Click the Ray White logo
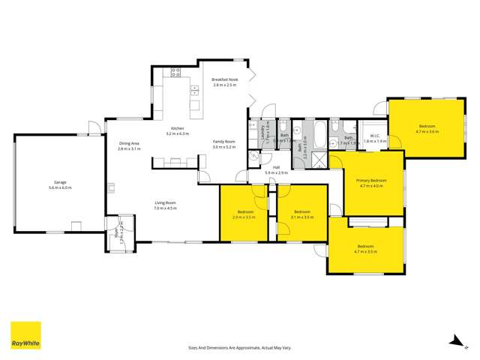coord(25,336)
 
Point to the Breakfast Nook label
coord(224,79)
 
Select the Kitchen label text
coord(178,128)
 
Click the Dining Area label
coord(129,144)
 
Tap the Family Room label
coord(224,142)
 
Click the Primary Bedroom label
coord(371,181)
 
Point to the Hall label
coord(276,168)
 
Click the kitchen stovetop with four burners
coord(177,73)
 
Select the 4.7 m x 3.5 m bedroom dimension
coord(365,251)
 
